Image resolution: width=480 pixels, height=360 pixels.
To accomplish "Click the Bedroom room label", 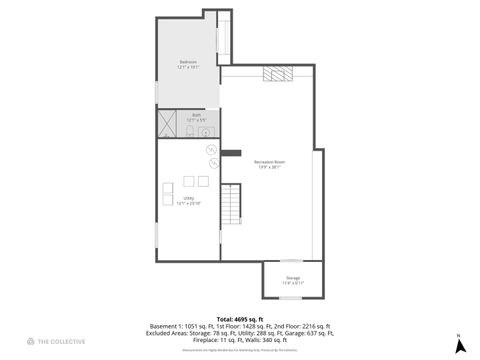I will pyautogui.click(x=188, y=65).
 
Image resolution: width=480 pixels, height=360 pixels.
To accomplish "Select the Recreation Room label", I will pyautogui.click(x=268, y=165).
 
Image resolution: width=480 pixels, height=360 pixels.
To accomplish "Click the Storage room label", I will pyautogui.click(x=293, y=279).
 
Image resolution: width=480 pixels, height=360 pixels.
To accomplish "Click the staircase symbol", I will pyautogui.click(x=231, y=205).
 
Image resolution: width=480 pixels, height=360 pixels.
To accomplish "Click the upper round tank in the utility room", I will pyautogui.click(x=211, y=151).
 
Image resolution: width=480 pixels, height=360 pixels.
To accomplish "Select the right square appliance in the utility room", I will pyautogui.click(x=203, y=181).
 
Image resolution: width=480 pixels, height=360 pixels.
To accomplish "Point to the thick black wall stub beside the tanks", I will pyautogui.click(x=231, y=153).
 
